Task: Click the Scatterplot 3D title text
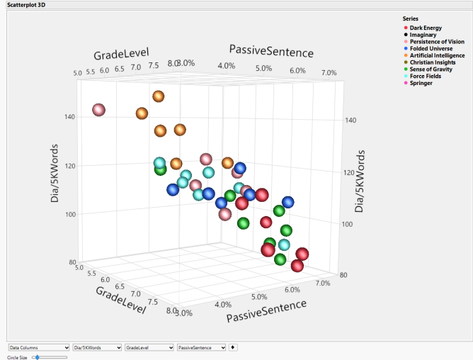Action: coord(24,5)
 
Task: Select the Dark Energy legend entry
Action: coord(426,28)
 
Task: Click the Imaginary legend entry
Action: coord(423,35)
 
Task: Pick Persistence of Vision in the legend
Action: coord(437,42)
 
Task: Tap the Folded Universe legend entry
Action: coord(430,48)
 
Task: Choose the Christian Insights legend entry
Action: coord(433,62)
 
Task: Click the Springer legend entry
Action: coord(421,83)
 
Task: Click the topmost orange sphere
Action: coord(158,96)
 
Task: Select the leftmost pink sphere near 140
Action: coord(98,110)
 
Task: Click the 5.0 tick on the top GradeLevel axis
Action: coord(77,72)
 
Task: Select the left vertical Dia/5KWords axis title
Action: coord(55,174)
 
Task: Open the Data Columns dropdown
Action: coord(39,348)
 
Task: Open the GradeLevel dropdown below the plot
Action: coord(148,348)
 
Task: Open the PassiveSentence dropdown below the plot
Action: coord(201,348)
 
